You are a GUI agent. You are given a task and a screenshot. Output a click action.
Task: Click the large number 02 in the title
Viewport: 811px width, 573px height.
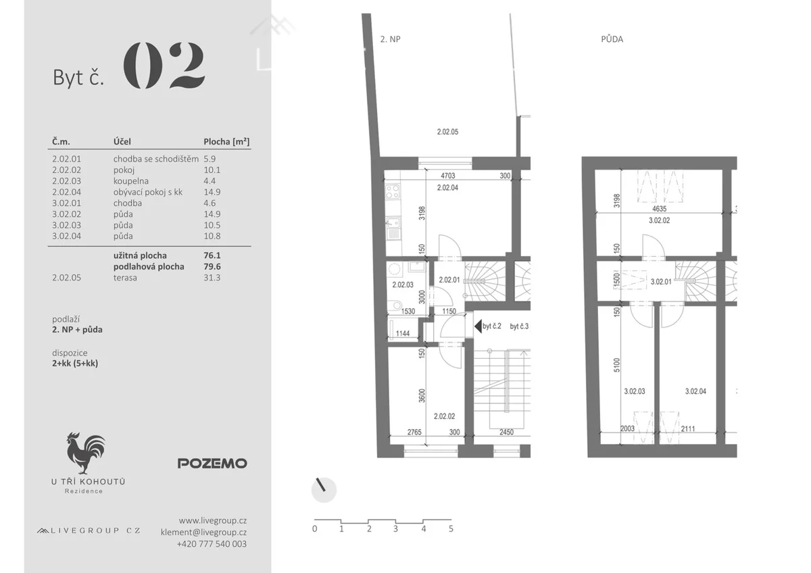point(164,65)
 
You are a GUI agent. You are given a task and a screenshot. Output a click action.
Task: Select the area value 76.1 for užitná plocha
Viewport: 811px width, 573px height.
point(212,255)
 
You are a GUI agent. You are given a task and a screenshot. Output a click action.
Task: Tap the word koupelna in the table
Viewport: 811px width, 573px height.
point(130,181)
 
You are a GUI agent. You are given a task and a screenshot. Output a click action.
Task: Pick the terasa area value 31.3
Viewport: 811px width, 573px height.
point(212,278)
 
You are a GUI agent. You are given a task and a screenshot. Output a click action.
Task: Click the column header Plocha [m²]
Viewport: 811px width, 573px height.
point(226,141)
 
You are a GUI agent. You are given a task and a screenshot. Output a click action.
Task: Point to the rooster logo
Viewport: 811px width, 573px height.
point(86,453)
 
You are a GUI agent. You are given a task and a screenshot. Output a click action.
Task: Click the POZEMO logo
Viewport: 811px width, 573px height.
point(212,464)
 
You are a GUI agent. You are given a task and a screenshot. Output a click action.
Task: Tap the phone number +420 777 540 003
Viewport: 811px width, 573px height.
point(212,544)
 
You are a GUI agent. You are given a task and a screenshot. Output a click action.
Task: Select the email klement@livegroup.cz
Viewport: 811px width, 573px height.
point(204,532)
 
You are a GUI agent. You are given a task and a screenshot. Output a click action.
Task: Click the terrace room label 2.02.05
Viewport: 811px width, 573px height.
point(447,132)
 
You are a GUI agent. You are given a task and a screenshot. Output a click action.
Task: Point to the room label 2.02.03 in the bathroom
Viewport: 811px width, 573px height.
point(403,285)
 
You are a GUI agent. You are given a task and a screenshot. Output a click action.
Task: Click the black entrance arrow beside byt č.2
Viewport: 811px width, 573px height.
point(478,326)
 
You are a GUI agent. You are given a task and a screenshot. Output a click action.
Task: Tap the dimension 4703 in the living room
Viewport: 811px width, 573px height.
point(447,176)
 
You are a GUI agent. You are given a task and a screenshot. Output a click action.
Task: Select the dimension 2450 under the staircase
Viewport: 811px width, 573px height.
point(506,432)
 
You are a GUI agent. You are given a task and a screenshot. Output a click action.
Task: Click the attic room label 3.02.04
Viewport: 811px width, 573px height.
point(695,391)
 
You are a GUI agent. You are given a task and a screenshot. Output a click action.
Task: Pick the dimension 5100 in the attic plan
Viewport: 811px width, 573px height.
point(617,365)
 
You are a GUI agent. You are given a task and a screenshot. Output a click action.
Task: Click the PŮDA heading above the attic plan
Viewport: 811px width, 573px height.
point(612,39)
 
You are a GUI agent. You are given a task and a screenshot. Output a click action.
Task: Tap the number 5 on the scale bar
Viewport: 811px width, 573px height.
point(451,529)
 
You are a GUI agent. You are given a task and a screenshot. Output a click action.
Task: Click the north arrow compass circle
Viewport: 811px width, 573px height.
point(324,490)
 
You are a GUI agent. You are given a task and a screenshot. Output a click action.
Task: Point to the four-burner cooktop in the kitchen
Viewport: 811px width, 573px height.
point(393,191)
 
